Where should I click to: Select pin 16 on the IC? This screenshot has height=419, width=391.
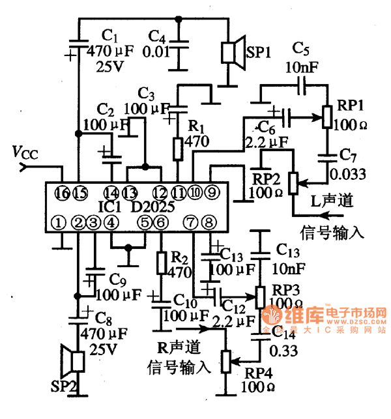(x=63, y=192)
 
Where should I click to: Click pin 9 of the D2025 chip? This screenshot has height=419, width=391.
(x=212, y=192)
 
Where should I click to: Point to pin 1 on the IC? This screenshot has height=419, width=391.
(x=60, y=222)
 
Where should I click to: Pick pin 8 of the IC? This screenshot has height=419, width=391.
(x=209, y=222)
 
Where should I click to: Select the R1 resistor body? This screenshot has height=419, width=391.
(x=177, y=149)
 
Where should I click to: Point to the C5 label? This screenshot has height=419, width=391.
(x=301, y=48)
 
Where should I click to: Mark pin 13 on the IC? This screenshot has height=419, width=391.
(x=130, y=192)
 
